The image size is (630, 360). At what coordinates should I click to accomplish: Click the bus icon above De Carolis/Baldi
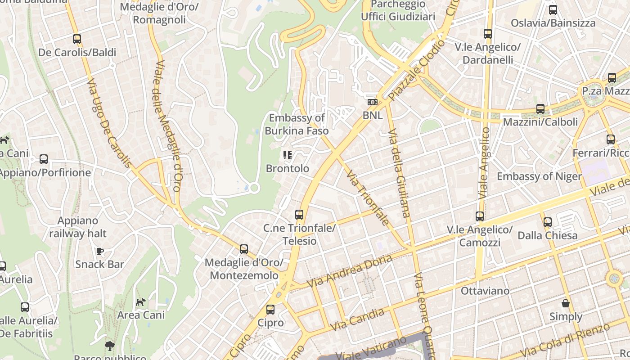pos(77,39)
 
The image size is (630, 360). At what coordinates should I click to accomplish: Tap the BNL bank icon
pos(372,102)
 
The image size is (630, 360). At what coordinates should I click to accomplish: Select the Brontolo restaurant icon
pos(288,156)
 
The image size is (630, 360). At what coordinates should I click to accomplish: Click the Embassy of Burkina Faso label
pos(297,124)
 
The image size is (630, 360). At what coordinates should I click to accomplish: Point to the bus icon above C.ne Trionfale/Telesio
pos(299,215)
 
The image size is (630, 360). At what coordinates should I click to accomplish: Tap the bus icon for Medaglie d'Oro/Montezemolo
pos(244,249)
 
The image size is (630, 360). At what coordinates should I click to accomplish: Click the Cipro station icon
pos(270,310)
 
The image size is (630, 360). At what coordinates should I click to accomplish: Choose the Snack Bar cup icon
pos(99,251)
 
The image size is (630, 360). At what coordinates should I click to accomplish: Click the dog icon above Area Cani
pos(141,302)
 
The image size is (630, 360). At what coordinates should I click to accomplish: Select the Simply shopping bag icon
pos(566,303)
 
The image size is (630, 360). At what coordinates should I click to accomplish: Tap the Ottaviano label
pos(485,291)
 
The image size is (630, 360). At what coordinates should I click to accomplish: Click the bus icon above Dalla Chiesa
pos(547,222)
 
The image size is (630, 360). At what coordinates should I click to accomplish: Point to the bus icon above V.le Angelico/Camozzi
pos(480,216)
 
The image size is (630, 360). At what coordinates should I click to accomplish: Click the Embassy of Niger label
pos(539,176)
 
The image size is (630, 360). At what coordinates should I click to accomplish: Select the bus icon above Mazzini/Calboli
pos(540,108)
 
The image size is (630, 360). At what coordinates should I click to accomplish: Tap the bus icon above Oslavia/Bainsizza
pos(553,9)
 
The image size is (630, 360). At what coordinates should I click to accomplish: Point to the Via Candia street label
pos(357,319)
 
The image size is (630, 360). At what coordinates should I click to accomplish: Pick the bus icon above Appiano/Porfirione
pos(44,159)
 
